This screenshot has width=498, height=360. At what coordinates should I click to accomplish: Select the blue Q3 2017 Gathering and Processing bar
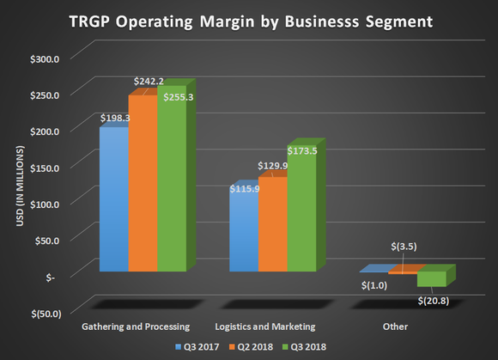pos(113,202)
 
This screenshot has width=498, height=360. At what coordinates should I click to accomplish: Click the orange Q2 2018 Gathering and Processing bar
pos(142,185)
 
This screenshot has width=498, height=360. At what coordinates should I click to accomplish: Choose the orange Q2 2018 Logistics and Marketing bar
pos(272,226)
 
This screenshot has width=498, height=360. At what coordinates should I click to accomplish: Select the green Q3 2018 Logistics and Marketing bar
pos(301,211)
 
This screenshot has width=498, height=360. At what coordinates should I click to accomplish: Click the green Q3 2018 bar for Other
pos(431,279)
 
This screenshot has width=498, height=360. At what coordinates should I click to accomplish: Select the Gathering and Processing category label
pos(131,327)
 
